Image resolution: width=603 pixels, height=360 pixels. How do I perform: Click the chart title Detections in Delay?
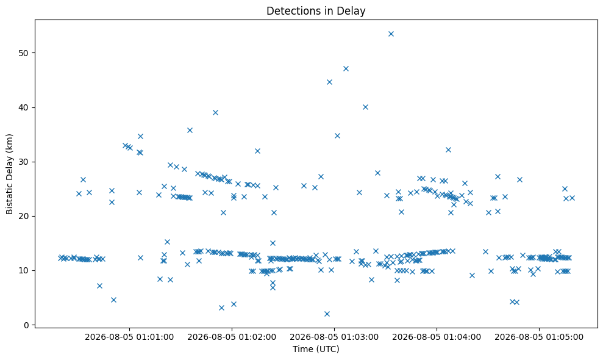point(316,11)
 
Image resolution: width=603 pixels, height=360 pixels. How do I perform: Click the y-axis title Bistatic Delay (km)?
point(9,174)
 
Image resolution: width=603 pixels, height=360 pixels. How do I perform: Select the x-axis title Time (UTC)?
point(316,349)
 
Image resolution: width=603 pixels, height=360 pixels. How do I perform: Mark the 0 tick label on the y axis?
point(27,325)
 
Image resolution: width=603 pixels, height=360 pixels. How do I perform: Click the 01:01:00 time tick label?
point(129,337)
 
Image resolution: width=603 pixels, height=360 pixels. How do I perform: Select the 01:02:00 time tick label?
point(232,337)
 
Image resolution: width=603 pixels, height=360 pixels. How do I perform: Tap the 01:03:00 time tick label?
point(334,337)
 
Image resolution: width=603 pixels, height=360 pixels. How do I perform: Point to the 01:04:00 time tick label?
point(437,337)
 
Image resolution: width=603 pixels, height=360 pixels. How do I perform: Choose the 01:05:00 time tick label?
point(539,337)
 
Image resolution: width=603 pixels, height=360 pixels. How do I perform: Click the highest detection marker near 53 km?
point(391,34)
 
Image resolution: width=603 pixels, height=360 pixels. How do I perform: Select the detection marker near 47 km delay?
point(346,68)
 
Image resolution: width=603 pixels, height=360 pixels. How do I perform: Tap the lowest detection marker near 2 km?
point(327,314)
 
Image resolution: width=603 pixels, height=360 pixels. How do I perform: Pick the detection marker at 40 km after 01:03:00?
point(365,107)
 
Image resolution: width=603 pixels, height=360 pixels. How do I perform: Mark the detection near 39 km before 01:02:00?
point(215,112)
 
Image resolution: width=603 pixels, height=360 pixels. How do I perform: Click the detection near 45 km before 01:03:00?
point(329,82)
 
